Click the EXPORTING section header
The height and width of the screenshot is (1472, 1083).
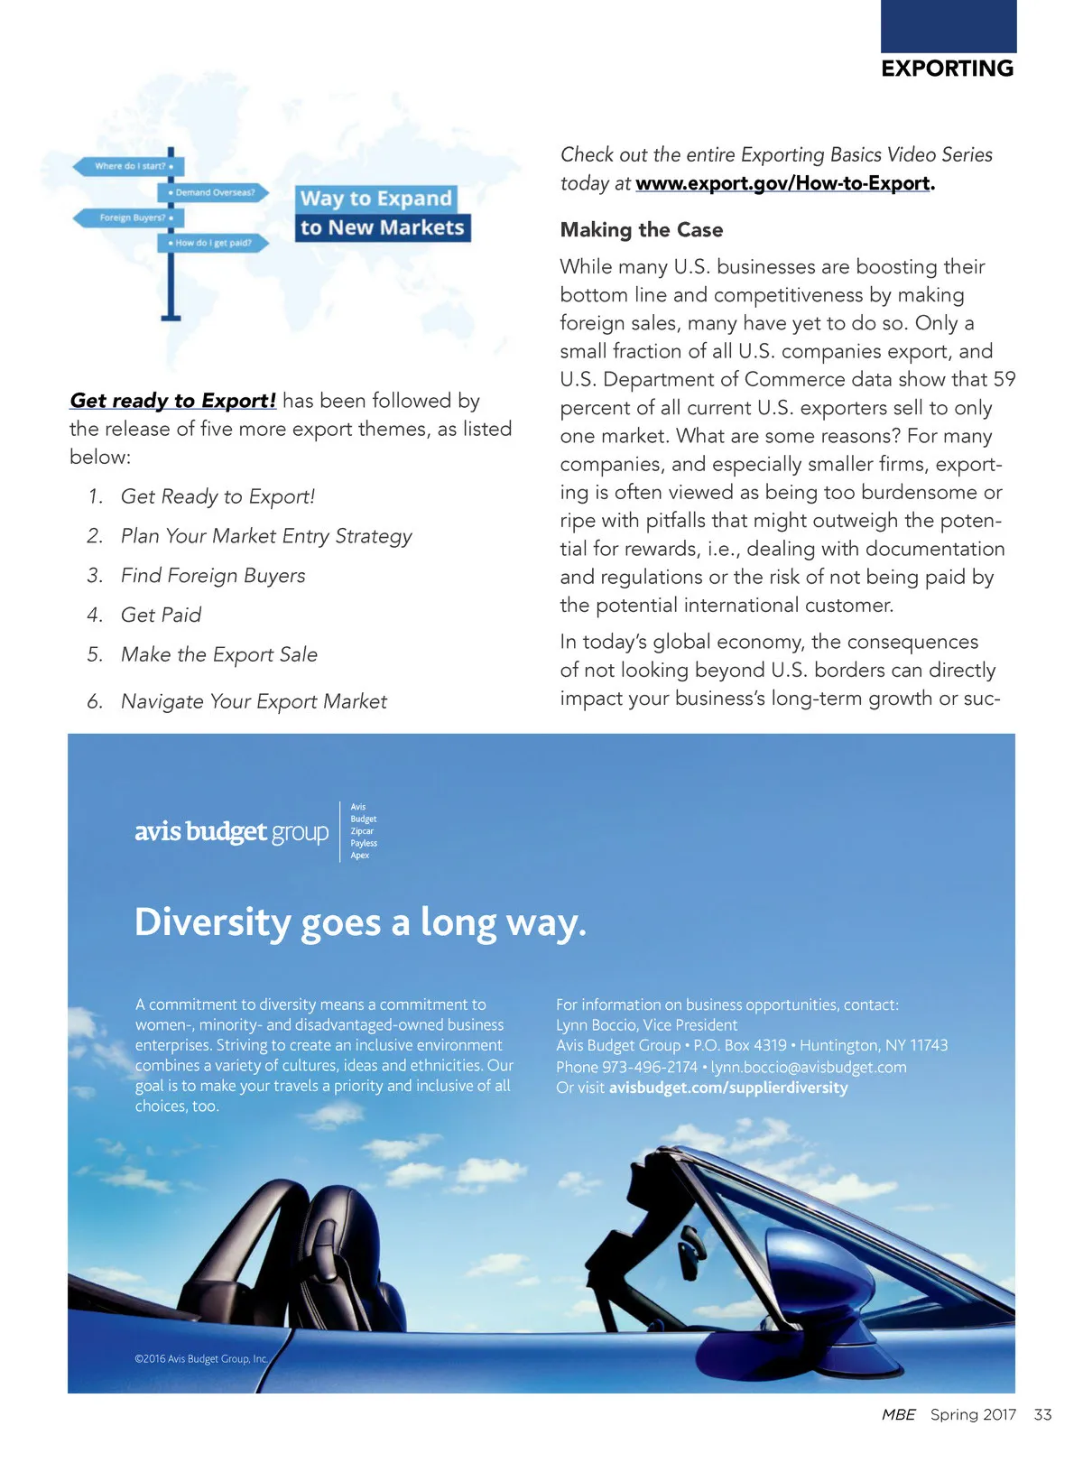(x=947, y=69)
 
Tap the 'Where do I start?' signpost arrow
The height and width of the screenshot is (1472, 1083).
(x=128, y=166)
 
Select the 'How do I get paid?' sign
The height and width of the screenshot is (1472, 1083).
(x=214, y=243)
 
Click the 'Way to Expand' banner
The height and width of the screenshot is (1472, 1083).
(x=375, y=199)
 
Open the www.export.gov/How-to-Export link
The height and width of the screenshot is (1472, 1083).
(x=782, y=183)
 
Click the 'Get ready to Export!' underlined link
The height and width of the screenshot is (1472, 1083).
(x=172, y=401)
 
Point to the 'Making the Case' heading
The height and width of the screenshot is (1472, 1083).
(x=641, y=230)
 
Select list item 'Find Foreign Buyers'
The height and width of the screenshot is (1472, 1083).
(x=213, y=576)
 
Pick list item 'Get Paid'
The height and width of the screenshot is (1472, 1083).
(x=161, y=616)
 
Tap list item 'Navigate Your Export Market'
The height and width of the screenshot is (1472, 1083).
(x=254, y=702)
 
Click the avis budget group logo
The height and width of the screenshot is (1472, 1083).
(x=231, y=831)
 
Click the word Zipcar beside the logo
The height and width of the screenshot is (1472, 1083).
(x=362, y=831)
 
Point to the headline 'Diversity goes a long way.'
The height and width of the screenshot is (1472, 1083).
(x=360, y=923)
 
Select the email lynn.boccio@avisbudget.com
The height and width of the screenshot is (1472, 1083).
(x=809, y=1068)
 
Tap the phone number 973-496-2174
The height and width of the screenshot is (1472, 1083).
(x=650, y=1068)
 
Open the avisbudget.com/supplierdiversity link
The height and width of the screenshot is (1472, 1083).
(x=728, y=1088)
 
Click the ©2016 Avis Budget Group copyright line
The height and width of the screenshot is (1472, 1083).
(x=200, y=1359)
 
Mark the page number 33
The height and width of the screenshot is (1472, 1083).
(x=1042, y=1415)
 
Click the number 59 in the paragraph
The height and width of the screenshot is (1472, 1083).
(x=1004, y=380)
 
